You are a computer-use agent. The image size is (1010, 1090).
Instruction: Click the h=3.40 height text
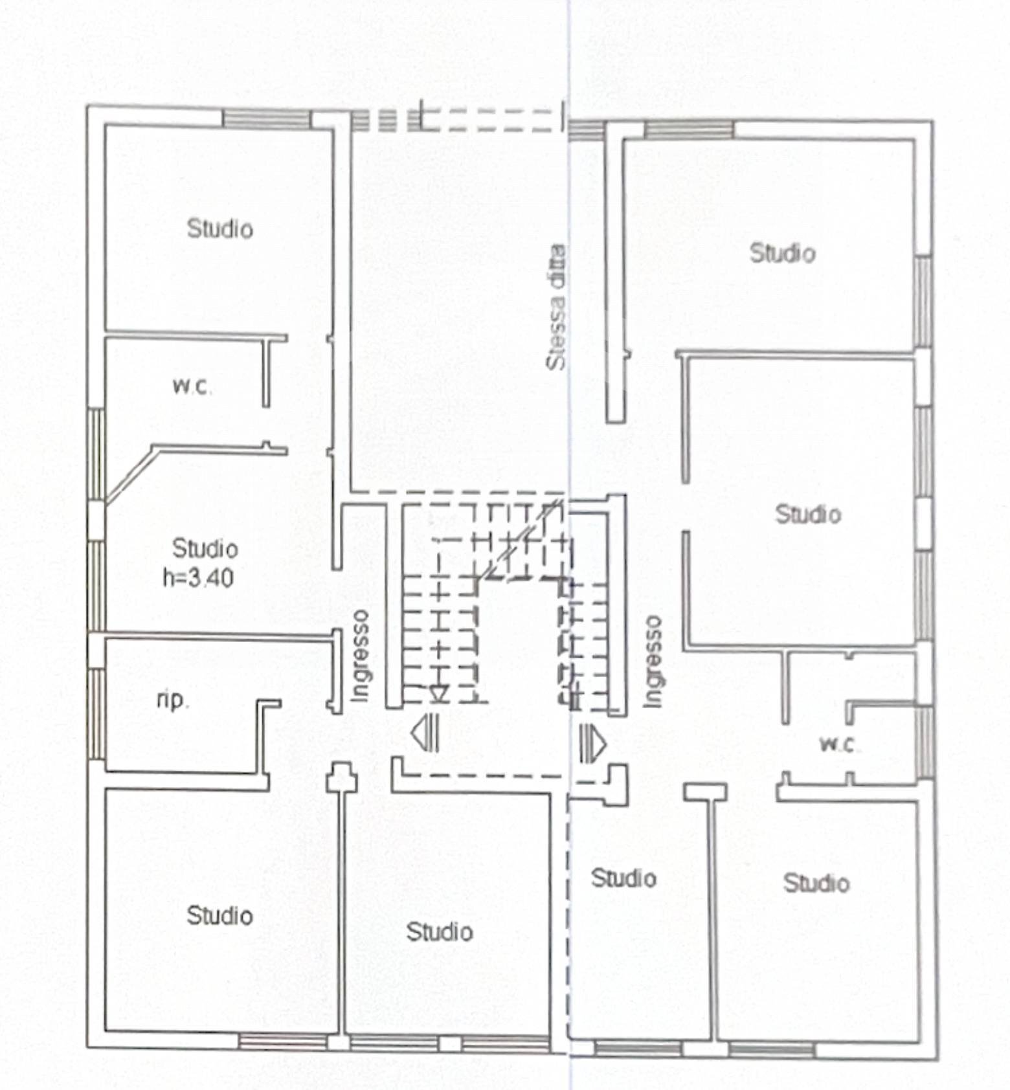click(x=198, y=577)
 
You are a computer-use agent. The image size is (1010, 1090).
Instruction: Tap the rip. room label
click(x=173, y=700)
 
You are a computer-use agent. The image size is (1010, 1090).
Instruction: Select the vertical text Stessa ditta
click(x=556, y=307)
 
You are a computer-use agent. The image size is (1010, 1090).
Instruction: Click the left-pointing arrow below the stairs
click(x=425, y=733)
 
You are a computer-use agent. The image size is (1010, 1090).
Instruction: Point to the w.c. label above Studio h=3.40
click(x=192, y=386)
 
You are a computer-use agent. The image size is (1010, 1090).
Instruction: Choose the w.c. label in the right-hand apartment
click(x=840, y=744)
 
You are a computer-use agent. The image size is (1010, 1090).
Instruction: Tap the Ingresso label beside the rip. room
click(x=360, y=655)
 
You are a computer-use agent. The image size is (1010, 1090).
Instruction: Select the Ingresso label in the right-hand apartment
click(x=653, y=661)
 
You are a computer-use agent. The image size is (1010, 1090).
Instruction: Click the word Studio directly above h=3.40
click(x=205, y=549)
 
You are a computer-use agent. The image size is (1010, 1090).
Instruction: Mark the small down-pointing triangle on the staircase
click(x=439, y=694)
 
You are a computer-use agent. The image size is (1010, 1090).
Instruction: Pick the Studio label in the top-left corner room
click(x=219, y=228)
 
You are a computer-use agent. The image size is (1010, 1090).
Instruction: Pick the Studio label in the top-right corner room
click(x=782, y=253)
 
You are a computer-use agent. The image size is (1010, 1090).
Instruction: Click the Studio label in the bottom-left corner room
click(x=219, y=915)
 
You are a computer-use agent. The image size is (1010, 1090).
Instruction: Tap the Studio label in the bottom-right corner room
click(x=816, y=883)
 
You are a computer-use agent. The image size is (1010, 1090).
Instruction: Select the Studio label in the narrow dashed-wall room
click(x=623, y=878)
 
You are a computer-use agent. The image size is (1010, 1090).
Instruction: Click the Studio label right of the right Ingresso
click(x=808, y=515)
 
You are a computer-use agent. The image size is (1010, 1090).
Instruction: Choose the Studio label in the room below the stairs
click(x=440, y=931)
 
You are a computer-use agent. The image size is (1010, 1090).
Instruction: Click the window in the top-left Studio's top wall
click(x=266, y=119)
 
